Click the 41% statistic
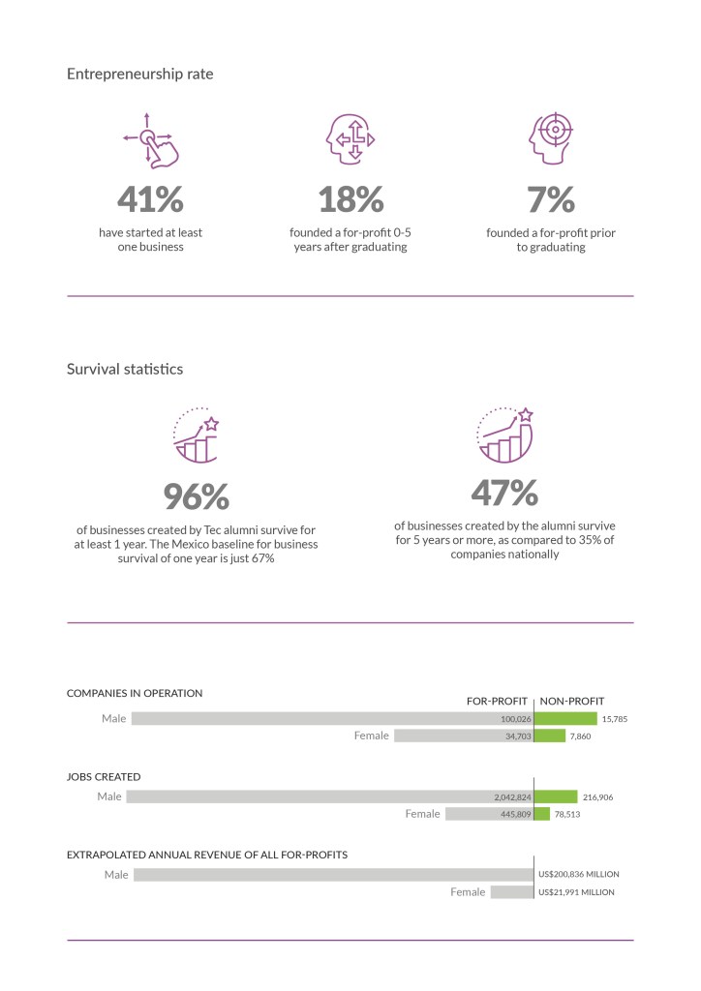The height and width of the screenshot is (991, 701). point(150,198)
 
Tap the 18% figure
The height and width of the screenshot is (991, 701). point(350,198)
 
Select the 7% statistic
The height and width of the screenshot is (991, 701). point(550,198)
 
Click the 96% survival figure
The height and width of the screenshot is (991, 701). point(196,496)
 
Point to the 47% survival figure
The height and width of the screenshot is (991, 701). point(504,493)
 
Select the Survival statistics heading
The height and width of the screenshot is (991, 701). point(125,369)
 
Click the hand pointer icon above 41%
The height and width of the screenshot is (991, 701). point(149,141)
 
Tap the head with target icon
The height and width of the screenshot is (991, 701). point(550,139)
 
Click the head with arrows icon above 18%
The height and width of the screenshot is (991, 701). point(350,140)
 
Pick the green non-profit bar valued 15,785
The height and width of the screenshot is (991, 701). point(565,719)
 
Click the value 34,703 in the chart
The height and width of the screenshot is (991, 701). point(512,736)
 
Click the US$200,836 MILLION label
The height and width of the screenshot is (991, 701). point(578,874)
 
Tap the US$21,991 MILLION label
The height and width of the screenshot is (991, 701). point(576,891)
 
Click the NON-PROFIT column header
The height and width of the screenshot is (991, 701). point(571,701)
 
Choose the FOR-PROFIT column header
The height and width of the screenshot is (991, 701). point(497,701)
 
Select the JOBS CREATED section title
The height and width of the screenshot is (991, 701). point(104,776)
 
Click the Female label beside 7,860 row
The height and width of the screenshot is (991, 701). point(371,736)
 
